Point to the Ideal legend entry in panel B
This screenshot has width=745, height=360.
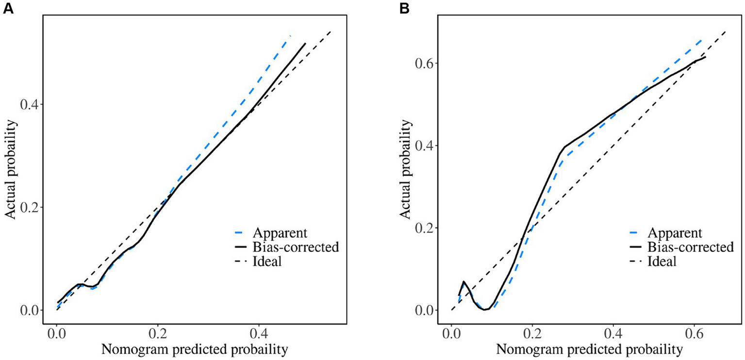[662, 262]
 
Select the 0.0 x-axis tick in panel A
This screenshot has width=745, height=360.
[57, 335]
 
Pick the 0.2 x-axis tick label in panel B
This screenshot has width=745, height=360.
[532, 335]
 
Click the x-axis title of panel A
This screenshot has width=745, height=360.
[195, 350]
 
